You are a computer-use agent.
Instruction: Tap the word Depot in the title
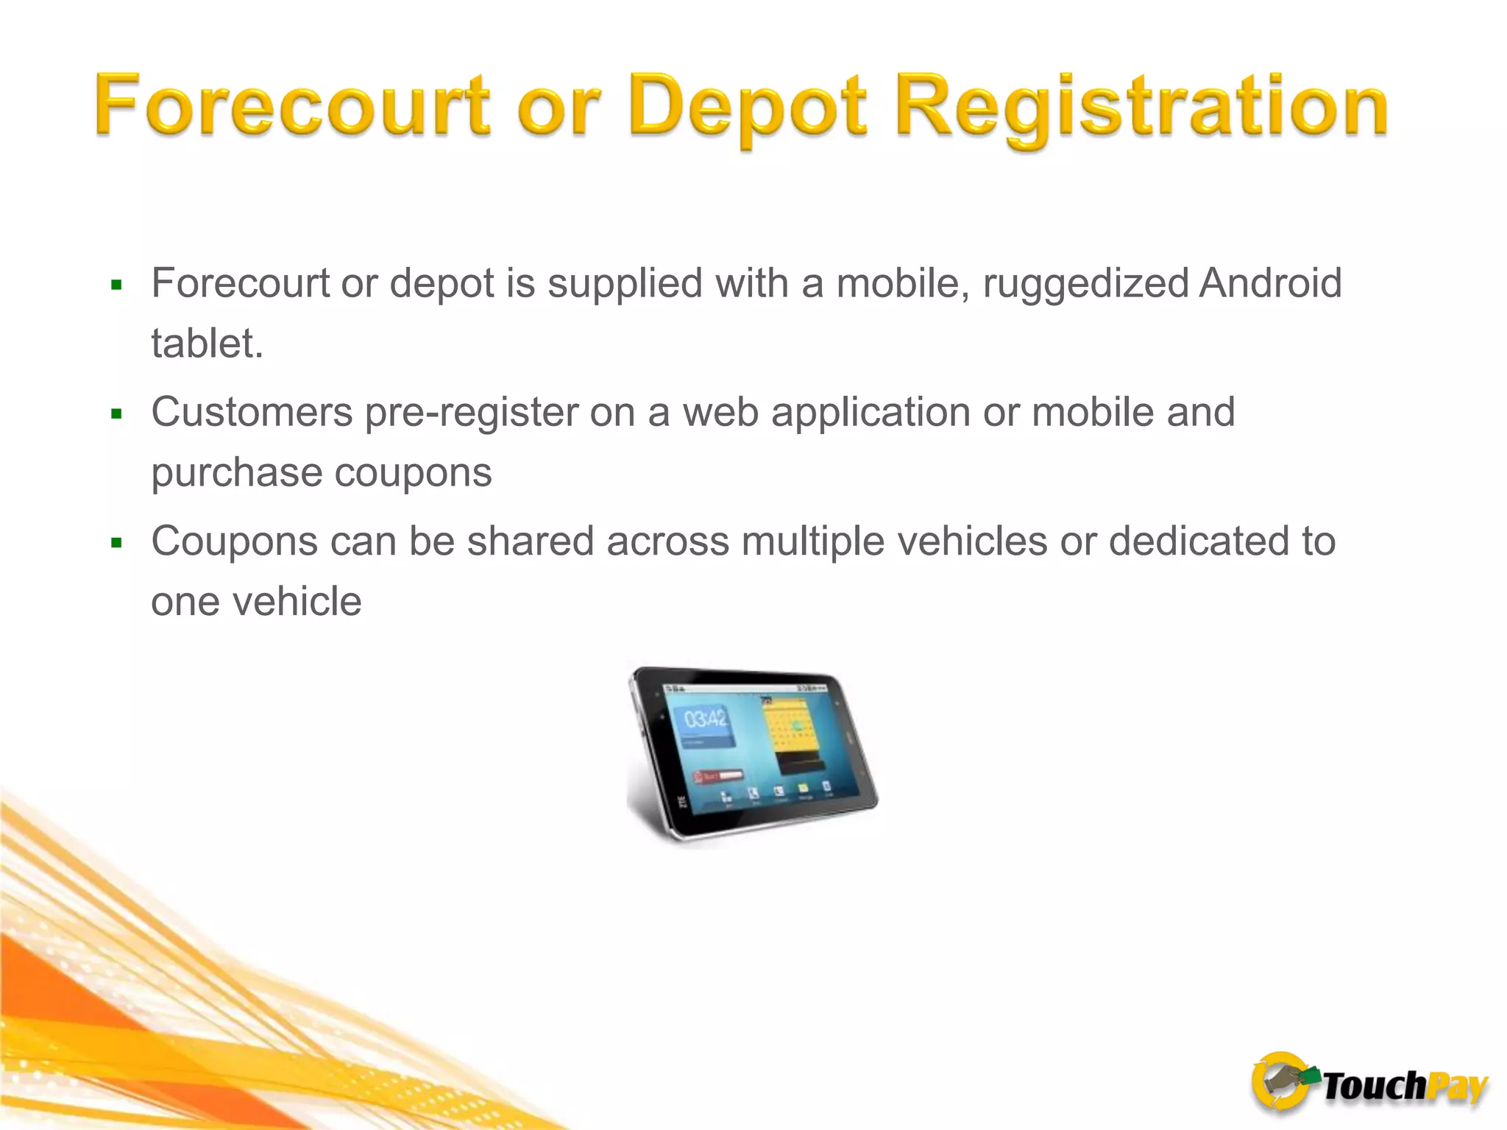[748, 107]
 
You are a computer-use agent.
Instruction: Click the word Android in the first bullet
[1270, 283]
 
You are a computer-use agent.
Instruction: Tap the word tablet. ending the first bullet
[207, 344]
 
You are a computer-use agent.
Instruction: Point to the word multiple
[812, 543]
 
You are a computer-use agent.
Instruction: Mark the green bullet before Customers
[116, 414]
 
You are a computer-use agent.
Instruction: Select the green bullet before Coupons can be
[116, 544]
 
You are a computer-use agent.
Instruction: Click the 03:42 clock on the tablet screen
[705, 719]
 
